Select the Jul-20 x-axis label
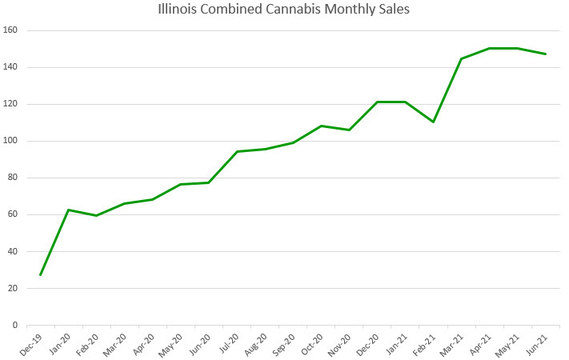[230, 343]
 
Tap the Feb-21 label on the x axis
[427, 343]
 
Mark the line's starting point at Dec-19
[40, 274]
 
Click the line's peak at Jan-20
[69, 210]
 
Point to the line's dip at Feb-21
[433, 122]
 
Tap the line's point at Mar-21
[461, 58]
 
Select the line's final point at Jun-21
[546, 54]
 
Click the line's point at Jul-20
[237, 151]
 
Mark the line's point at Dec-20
[377, 102]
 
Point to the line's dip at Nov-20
[349, 130]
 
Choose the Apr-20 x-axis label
[146, 343]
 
